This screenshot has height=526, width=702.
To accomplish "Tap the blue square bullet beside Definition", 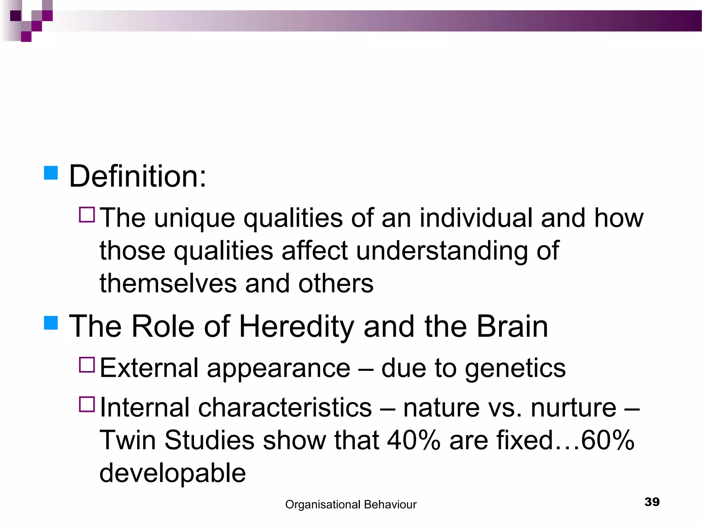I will point(51,173).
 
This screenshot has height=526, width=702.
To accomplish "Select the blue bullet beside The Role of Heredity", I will point(51,323).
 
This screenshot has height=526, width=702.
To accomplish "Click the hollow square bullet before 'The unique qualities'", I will point(87,215).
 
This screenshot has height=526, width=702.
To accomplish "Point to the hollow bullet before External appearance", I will point(87,365).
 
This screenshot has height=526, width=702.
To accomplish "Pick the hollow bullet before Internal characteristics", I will point(87,404).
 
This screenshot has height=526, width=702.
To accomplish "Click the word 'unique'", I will point(194,218).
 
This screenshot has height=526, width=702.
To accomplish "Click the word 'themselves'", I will point(168,284).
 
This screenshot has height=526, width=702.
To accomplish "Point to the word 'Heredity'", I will point(296,326).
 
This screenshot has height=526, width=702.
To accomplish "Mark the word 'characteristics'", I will point(285,408).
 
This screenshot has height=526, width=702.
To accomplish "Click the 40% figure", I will point(413,440).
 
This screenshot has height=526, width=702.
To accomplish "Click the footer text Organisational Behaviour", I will point(351,504).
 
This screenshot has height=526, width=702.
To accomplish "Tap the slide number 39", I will point(652,502).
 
